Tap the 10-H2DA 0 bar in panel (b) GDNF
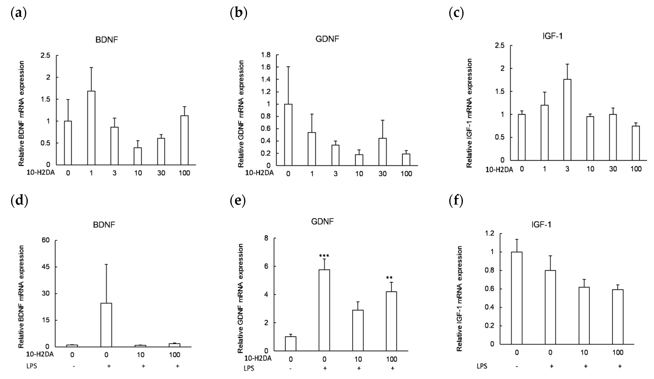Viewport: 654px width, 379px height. point(288,135)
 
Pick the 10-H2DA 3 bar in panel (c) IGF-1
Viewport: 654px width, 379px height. point(567,120)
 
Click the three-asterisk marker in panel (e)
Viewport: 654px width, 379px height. point(324,256)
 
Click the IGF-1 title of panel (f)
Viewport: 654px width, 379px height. point(541,224)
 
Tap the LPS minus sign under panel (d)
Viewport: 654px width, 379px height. point(74,366)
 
